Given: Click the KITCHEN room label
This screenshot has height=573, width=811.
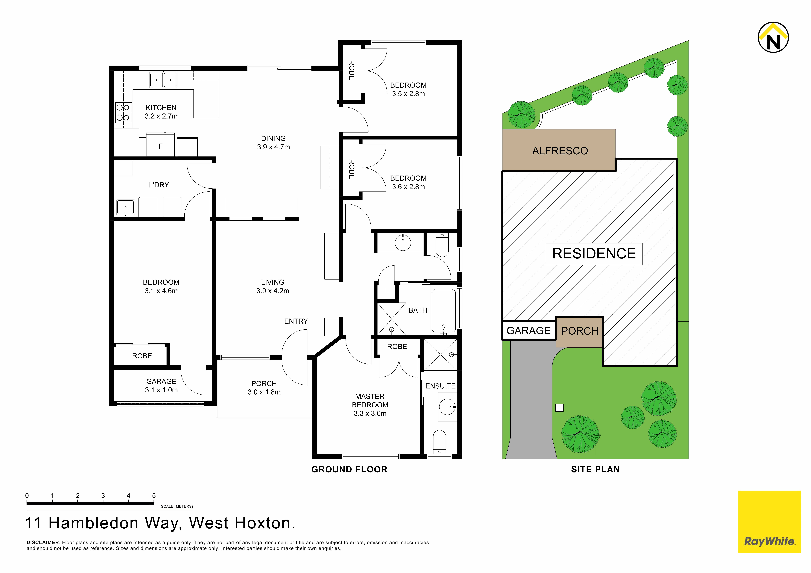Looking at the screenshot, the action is (x=161, y=108).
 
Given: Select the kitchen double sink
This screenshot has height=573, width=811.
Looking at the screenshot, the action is (x=163, y=80).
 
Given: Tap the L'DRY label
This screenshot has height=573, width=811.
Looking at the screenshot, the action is (x=159, y=185).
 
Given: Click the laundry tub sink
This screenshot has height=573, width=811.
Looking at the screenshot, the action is (x=125, y=207).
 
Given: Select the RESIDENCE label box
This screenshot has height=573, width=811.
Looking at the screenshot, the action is (x=594, y=254).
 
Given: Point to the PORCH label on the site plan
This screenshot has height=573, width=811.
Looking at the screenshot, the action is (x=580, y=331).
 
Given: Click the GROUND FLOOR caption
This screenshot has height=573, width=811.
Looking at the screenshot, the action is (x=349, y=470).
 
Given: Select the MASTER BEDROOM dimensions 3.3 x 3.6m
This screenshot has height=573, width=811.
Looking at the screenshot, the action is (x=370, y=413).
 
